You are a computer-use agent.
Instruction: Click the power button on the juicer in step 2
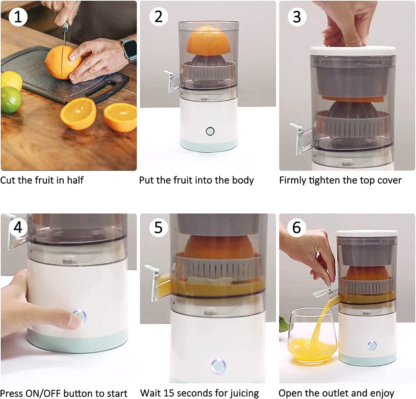210,131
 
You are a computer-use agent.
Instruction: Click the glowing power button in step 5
218,365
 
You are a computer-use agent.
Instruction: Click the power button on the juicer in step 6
372,345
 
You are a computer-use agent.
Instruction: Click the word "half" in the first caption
75,180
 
